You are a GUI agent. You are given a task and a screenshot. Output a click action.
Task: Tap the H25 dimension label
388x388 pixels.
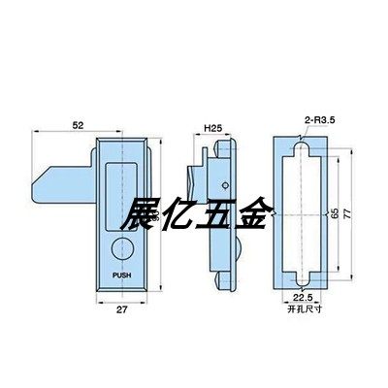pyautogui.click(x=214, y=127)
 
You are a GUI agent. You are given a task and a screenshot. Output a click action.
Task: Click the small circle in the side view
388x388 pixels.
pyautogui.click(x=226, y=185)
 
